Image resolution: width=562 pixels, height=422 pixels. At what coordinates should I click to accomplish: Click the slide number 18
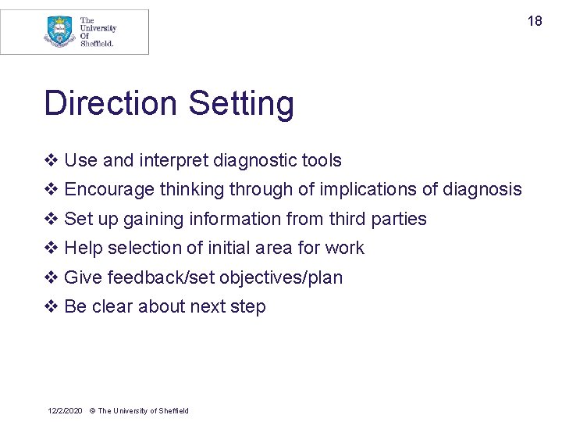click(535, 21)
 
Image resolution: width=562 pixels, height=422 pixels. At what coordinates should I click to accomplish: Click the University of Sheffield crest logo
click(59, 32)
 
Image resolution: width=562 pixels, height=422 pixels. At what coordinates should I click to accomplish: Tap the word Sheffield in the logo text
click(98, 44)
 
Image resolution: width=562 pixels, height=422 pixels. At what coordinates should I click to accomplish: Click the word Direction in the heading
click(111, 104)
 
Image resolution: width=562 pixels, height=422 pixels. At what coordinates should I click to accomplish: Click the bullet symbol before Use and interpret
click(51, 161)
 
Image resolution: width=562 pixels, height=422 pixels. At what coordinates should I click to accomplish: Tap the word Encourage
click(109, 190)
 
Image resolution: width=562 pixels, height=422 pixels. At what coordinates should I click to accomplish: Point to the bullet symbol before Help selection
click(51, 249)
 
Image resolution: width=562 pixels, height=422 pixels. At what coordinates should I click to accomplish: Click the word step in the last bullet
click(248, 307)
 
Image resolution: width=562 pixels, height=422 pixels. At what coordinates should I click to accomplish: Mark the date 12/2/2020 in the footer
click(65, 411)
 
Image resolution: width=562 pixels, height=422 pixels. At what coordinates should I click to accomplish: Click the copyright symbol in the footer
click(92, 411)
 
